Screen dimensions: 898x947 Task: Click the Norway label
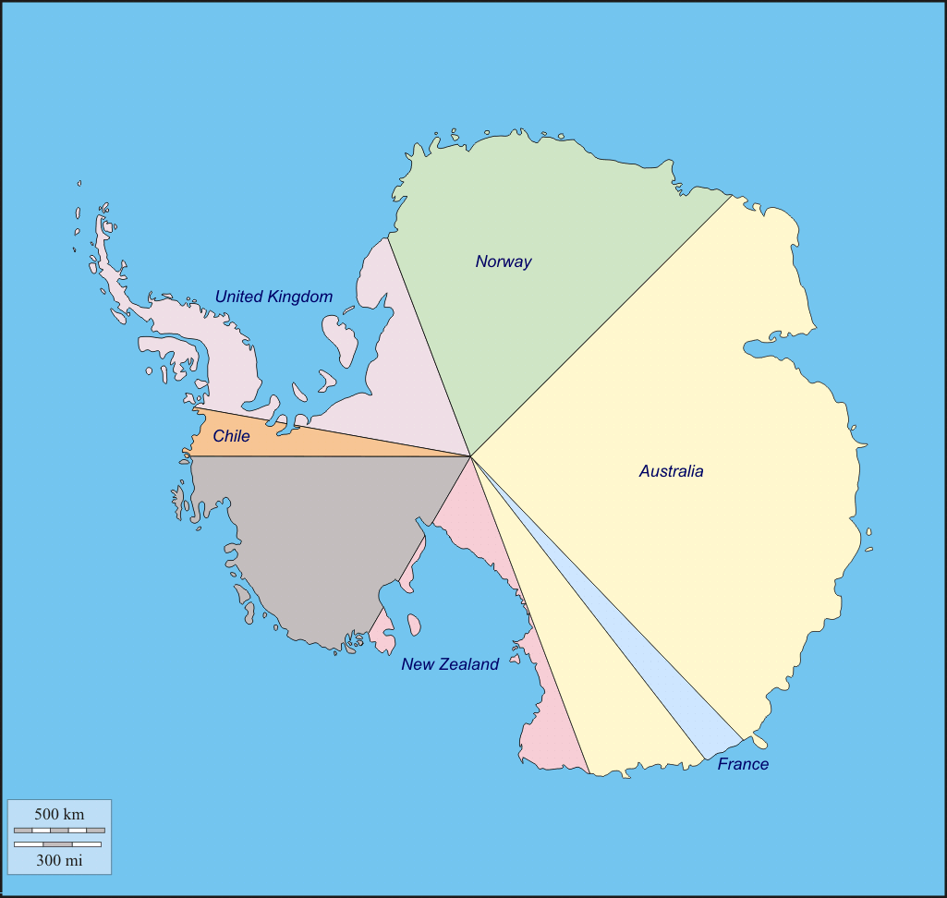point(504,261)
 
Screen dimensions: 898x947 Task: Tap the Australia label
point(671,471)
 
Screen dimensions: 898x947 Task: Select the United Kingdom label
point(273,297)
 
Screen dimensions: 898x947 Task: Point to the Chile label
point(231,436)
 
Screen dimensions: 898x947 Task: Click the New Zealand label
point(450,664)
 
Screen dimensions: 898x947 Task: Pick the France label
point(743,764)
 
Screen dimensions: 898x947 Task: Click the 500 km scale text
point(59,814)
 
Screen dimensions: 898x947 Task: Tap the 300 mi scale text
point(59,860)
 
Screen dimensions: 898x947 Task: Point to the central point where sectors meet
point(471,455)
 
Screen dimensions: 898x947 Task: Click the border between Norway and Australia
point(601,326)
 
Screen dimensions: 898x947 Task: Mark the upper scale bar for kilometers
point(59,831)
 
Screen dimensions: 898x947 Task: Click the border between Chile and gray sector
point(323,456)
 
